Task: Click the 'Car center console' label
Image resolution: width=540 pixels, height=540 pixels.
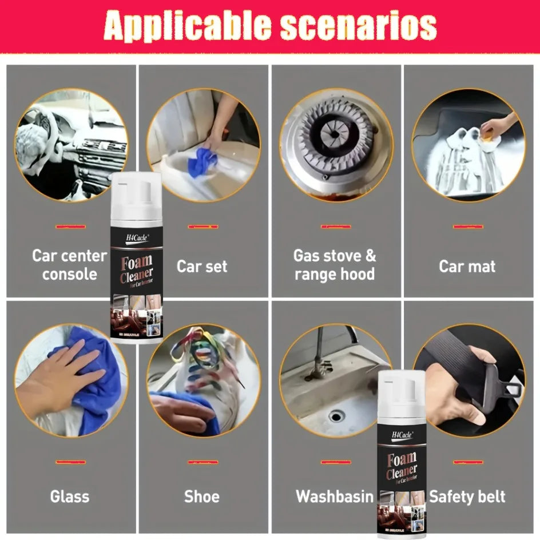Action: (x=69, y=264)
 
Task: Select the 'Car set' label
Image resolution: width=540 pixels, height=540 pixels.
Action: (x=202, y=266)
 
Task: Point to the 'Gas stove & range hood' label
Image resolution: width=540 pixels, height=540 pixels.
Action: (x=335, y=264)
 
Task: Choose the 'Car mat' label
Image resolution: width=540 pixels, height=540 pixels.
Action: (x=467, y=266)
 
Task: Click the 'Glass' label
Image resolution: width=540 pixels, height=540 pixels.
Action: (x=70, y=496)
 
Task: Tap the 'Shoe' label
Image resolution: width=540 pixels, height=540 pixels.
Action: (x=202, y=496)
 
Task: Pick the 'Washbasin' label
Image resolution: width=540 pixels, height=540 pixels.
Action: (x=335, y=496)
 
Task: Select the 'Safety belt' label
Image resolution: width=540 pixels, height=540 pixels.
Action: (x=467, y=496)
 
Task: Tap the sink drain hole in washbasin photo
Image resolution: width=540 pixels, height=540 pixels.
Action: (x=336, y=416)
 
